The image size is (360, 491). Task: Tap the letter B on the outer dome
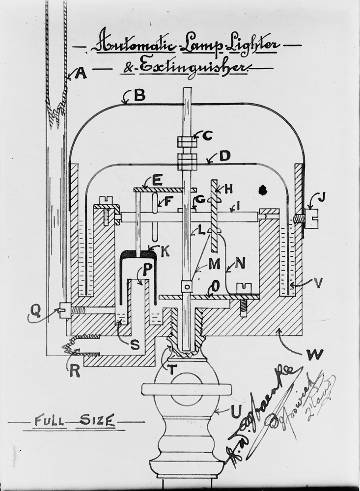tap(139, 95)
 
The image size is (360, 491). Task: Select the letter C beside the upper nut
tap(208, 136)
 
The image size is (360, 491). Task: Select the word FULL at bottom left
tap(49, 420)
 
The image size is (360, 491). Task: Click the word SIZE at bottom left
tap(99, 420)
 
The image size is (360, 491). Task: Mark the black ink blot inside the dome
tap(263, 189)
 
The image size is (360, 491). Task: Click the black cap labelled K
tap(139, 255)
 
